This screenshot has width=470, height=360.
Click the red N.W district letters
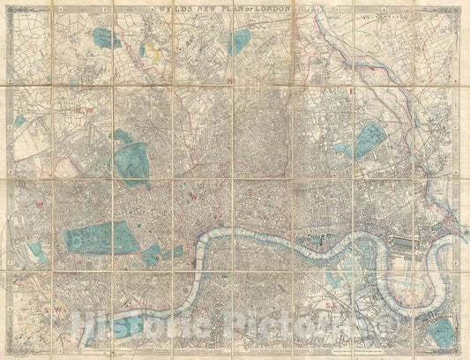coord(86,109)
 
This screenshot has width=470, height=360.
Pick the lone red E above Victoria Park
coord(352,91)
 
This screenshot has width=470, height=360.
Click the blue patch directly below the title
coord(241,41)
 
